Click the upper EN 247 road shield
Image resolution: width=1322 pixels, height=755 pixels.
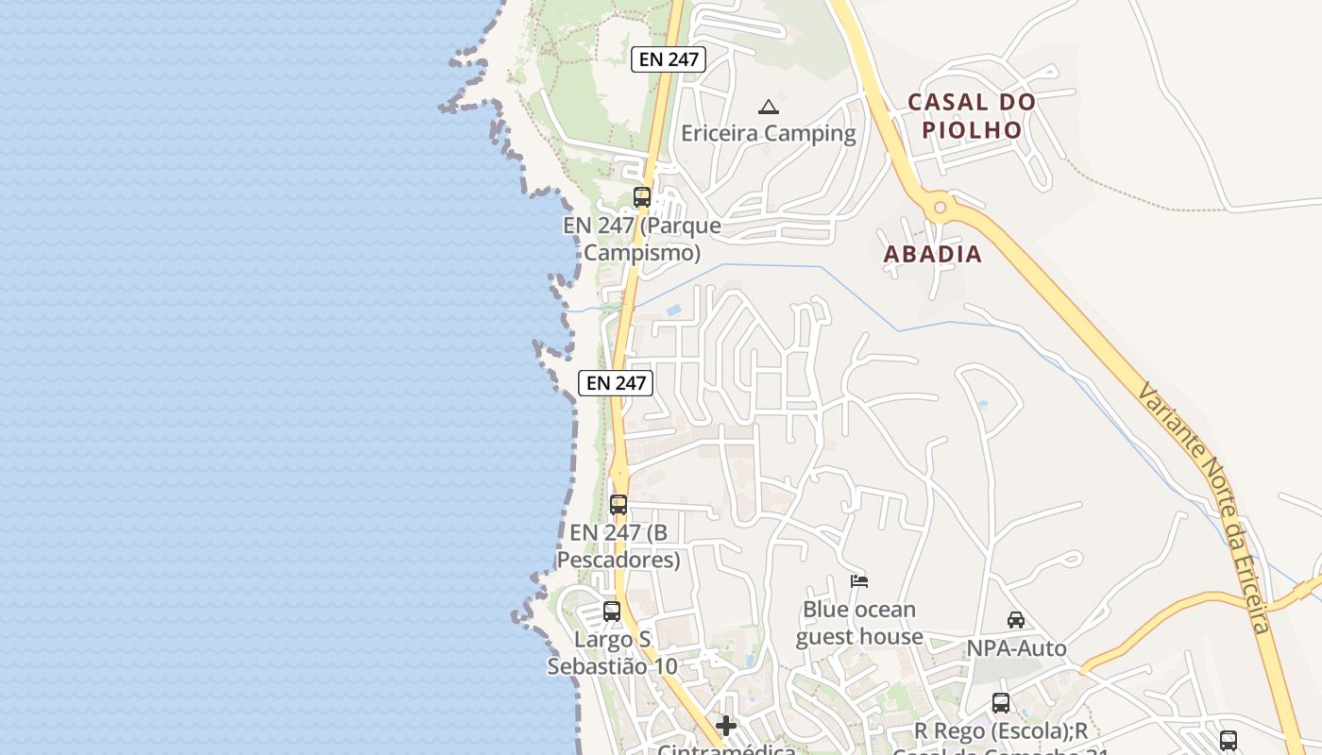[669, 59]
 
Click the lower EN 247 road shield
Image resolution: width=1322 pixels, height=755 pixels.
[616, 382]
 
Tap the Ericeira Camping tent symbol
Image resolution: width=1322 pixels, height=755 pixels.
[769, 107]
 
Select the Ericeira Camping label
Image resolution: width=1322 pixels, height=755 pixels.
[769, 133]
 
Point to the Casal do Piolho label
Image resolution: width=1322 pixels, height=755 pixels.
[973, 116]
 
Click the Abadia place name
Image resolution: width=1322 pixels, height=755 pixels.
[933, 254]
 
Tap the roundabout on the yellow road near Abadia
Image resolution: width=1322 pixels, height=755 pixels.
[939, 207]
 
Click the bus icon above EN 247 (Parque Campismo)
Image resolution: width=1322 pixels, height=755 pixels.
[642, 197]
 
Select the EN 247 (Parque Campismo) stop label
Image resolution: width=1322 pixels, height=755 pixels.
[642, 240]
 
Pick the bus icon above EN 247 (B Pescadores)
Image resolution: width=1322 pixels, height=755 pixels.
[619, 505]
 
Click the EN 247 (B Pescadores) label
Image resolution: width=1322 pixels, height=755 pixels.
[619, 546]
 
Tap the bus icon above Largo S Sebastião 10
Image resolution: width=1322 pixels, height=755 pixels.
[612, 612]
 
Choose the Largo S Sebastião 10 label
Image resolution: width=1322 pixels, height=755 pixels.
[613, 653]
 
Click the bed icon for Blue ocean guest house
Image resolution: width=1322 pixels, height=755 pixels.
[859, 581]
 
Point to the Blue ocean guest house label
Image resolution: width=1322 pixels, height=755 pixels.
[859, 623]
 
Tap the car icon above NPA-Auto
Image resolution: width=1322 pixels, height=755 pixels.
[1016, 620]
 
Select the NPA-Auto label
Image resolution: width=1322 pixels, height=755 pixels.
[1016, 648]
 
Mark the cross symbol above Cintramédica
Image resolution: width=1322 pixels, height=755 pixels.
[726, 726]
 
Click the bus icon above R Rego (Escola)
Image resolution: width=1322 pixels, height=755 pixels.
[1001, 703]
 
